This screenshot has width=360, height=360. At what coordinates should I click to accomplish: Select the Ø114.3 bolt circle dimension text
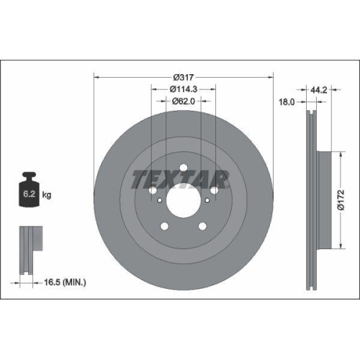pos(184,89)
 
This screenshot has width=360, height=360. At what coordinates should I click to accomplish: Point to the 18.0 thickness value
pos(287,102)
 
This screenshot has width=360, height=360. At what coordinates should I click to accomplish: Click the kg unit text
pos(47,195)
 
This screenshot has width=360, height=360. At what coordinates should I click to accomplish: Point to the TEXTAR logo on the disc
pos(180,178)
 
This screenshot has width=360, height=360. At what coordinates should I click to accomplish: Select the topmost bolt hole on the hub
pos(184,170)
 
